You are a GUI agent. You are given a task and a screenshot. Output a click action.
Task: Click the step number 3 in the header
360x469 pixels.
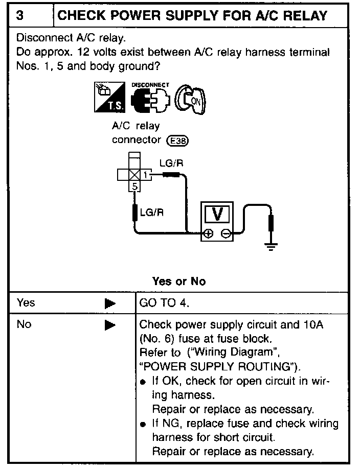[x=20, y=15]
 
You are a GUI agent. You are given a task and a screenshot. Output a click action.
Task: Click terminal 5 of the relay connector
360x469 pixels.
[x=134, y=186]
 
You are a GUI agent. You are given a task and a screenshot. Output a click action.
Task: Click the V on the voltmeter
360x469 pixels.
[x=217, y=214]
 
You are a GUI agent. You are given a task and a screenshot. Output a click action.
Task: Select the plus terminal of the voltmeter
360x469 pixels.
[x=208, y=234]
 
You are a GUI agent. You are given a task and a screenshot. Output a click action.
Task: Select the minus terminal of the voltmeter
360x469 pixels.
[x=226, y=234]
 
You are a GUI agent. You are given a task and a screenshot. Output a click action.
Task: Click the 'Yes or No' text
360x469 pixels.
[x=179, y=282]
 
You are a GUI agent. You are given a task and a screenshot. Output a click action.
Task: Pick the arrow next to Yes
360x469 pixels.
[x=110, y=303]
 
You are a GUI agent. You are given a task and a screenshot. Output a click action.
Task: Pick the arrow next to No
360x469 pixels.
[x=110, y=325]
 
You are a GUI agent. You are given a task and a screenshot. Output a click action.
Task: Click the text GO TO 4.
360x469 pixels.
[x=164, y=303]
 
